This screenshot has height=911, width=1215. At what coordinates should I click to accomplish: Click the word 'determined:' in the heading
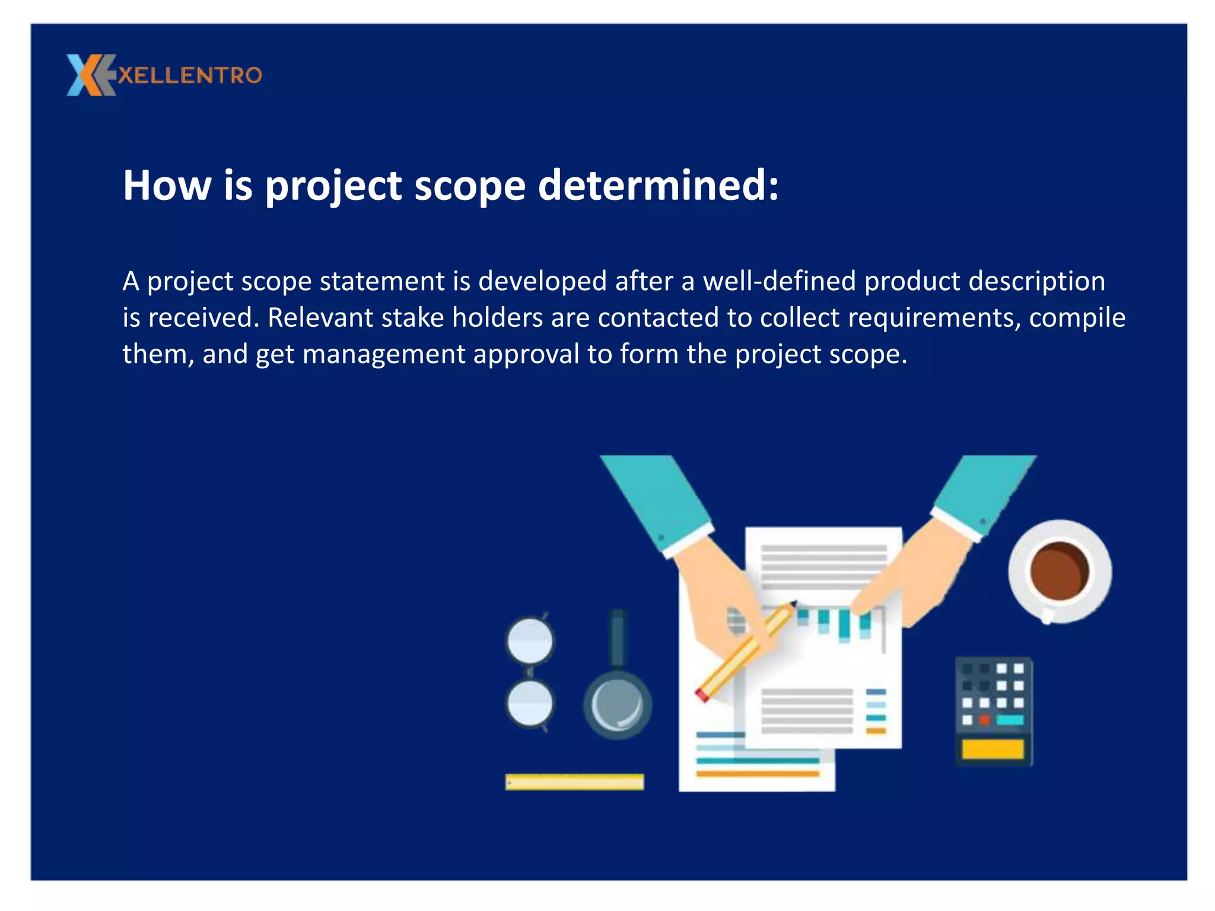tap(658, 186)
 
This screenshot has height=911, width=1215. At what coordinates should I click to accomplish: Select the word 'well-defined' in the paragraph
tap(780, 281)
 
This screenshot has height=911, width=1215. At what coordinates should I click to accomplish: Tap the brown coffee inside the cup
tap(1060, 571)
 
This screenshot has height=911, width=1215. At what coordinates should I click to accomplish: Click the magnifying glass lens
tap(617, 705)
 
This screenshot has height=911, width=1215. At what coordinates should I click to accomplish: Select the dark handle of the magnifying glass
tap(618, 638)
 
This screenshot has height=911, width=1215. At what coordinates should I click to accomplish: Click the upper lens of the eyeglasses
tap(530, 641)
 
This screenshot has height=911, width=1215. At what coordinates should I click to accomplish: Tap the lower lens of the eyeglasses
tap(530, 703)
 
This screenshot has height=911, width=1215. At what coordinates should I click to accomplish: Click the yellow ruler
tap(574, 782)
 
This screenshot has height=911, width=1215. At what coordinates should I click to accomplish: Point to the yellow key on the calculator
tap(993, 749)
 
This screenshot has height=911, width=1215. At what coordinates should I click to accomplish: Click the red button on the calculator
tap(984, 720)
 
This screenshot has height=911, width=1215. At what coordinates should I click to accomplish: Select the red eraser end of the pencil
tap(702, 695)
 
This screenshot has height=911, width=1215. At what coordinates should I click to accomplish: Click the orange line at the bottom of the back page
tap(757, 773)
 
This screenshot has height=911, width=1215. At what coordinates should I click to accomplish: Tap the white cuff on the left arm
tap(688, 540)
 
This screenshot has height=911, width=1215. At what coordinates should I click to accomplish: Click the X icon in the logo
tap(89, 75)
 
